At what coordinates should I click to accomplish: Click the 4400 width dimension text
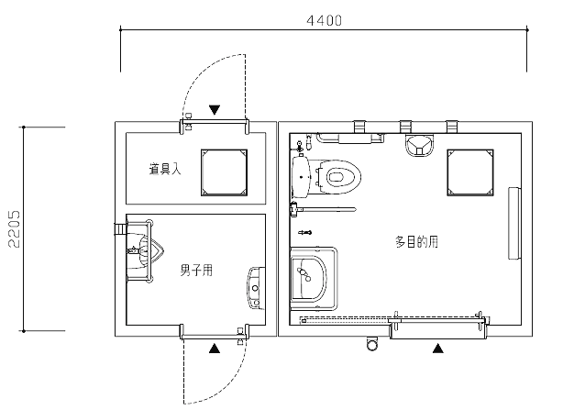coord(325,20)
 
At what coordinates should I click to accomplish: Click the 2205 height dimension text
coord(15,229)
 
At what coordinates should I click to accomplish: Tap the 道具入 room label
coord(165,169)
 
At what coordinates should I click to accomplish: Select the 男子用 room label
coord(196,271)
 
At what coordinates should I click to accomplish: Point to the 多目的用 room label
coord(416,242)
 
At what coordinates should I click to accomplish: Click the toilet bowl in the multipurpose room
coord(338,177)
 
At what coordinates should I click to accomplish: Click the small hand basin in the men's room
coord(256,288)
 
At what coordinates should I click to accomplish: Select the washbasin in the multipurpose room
coord(308,278)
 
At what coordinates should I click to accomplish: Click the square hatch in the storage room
coord(224,172)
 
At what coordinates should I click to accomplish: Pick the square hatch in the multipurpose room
coord(470,172)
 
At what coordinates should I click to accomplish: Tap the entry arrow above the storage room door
coord(215,110)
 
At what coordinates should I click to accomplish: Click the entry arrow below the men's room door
coord(215,349)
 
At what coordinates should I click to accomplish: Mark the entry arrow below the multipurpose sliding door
coord(437,349)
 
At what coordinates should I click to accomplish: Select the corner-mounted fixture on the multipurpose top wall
coord(420,145)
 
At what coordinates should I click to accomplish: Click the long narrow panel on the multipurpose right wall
coord(514,223)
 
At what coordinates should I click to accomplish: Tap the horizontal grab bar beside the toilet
coord(323,210)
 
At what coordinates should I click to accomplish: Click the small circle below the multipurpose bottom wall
coord(372,344)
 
